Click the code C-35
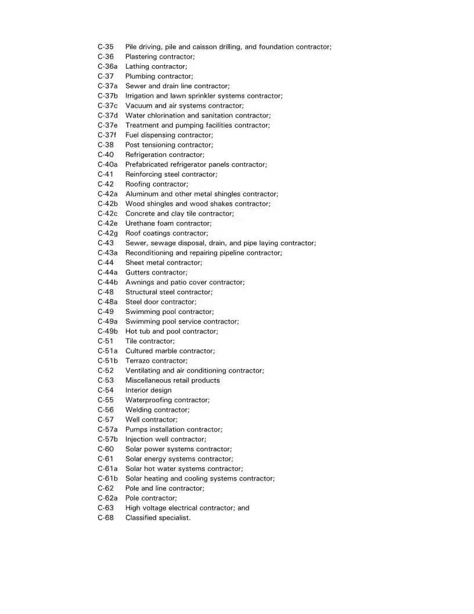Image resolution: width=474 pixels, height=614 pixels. (106, 47)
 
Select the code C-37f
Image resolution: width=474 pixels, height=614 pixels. (107, 135)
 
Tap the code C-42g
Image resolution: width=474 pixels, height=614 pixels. (107, 233)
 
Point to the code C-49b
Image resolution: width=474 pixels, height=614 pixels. (107, 331)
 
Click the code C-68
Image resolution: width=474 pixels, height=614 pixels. (106, 518)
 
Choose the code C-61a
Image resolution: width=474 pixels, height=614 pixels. (107, 469)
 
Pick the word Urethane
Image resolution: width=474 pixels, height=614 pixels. (140, 223)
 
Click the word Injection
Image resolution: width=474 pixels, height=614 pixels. (139, 440)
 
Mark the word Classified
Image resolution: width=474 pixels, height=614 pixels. (141, 518)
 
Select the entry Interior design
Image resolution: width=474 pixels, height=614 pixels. (148, 390)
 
